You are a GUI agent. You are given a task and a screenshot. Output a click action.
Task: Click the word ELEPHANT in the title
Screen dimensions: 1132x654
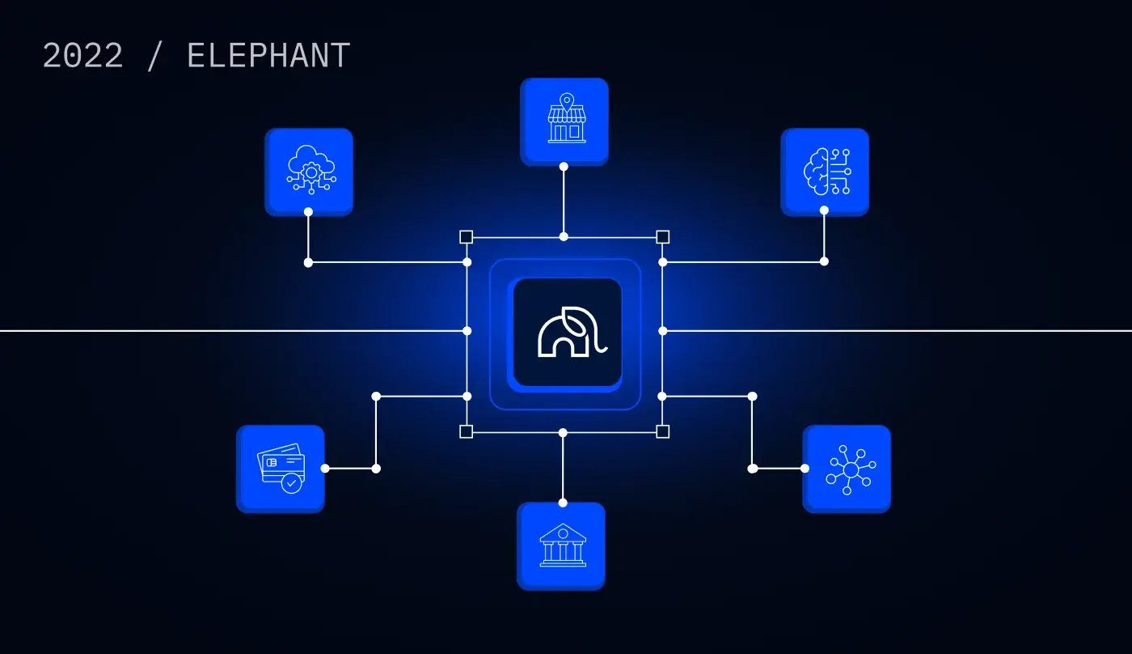point(268,55)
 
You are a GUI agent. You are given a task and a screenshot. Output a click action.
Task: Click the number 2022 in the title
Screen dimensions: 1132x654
point(82,55)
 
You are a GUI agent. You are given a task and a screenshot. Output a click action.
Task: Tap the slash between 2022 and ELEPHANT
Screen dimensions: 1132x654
point(154,56)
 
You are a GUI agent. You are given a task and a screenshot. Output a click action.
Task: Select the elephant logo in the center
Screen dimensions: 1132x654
point(572,332)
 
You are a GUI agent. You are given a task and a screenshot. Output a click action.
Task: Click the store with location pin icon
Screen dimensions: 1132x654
point(567,118)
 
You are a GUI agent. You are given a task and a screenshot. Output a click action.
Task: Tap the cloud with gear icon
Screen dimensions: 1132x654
point(310,169)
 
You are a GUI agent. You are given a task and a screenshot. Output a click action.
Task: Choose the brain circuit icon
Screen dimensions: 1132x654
point(827,172)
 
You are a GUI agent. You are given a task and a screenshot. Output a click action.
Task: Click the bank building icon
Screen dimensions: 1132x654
point(563,546)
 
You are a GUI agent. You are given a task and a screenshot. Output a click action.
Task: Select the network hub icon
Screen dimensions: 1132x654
point(851,469)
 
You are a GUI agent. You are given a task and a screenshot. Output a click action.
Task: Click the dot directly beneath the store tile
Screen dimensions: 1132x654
point(564,167)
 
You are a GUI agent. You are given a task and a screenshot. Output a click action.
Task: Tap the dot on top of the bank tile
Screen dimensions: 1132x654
point(563,503)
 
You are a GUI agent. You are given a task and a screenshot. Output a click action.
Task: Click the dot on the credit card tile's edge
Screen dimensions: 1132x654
point(325,469)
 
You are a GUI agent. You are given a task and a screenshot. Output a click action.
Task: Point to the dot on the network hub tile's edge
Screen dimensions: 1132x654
point(805,469)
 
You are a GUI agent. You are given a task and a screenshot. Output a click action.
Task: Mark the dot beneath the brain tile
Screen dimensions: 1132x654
point(824,210)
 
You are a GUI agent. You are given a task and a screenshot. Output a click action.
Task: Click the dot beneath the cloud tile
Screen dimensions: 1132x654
point(308,212)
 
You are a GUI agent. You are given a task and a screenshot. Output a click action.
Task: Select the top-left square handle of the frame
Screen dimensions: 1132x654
point(466,236)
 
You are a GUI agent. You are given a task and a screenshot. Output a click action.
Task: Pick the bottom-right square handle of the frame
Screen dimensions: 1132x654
point(662,431)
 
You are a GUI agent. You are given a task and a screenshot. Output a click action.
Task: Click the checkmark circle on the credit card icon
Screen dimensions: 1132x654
point(291,483)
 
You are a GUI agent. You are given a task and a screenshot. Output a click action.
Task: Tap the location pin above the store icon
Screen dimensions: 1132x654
point(567,100)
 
